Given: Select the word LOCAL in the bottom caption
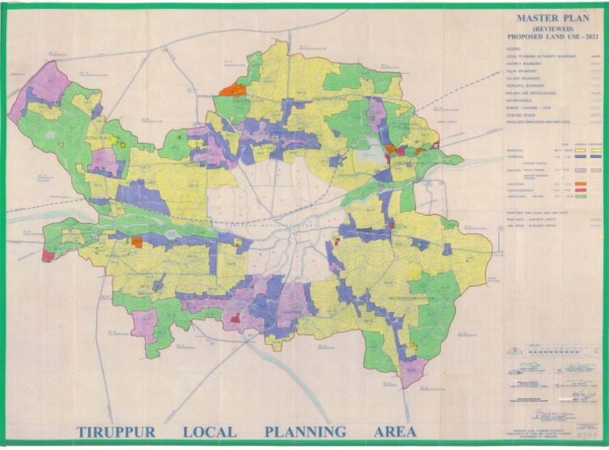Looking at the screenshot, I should [209, 433].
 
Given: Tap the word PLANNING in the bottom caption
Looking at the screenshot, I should [305, 433].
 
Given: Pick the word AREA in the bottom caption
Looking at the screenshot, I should [395, 433].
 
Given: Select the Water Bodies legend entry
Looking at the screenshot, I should [519, 101].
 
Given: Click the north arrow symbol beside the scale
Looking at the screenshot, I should [514, 352].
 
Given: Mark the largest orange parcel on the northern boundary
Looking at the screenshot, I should [233, 90].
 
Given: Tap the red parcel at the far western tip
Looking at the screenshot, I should [48, 256].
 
